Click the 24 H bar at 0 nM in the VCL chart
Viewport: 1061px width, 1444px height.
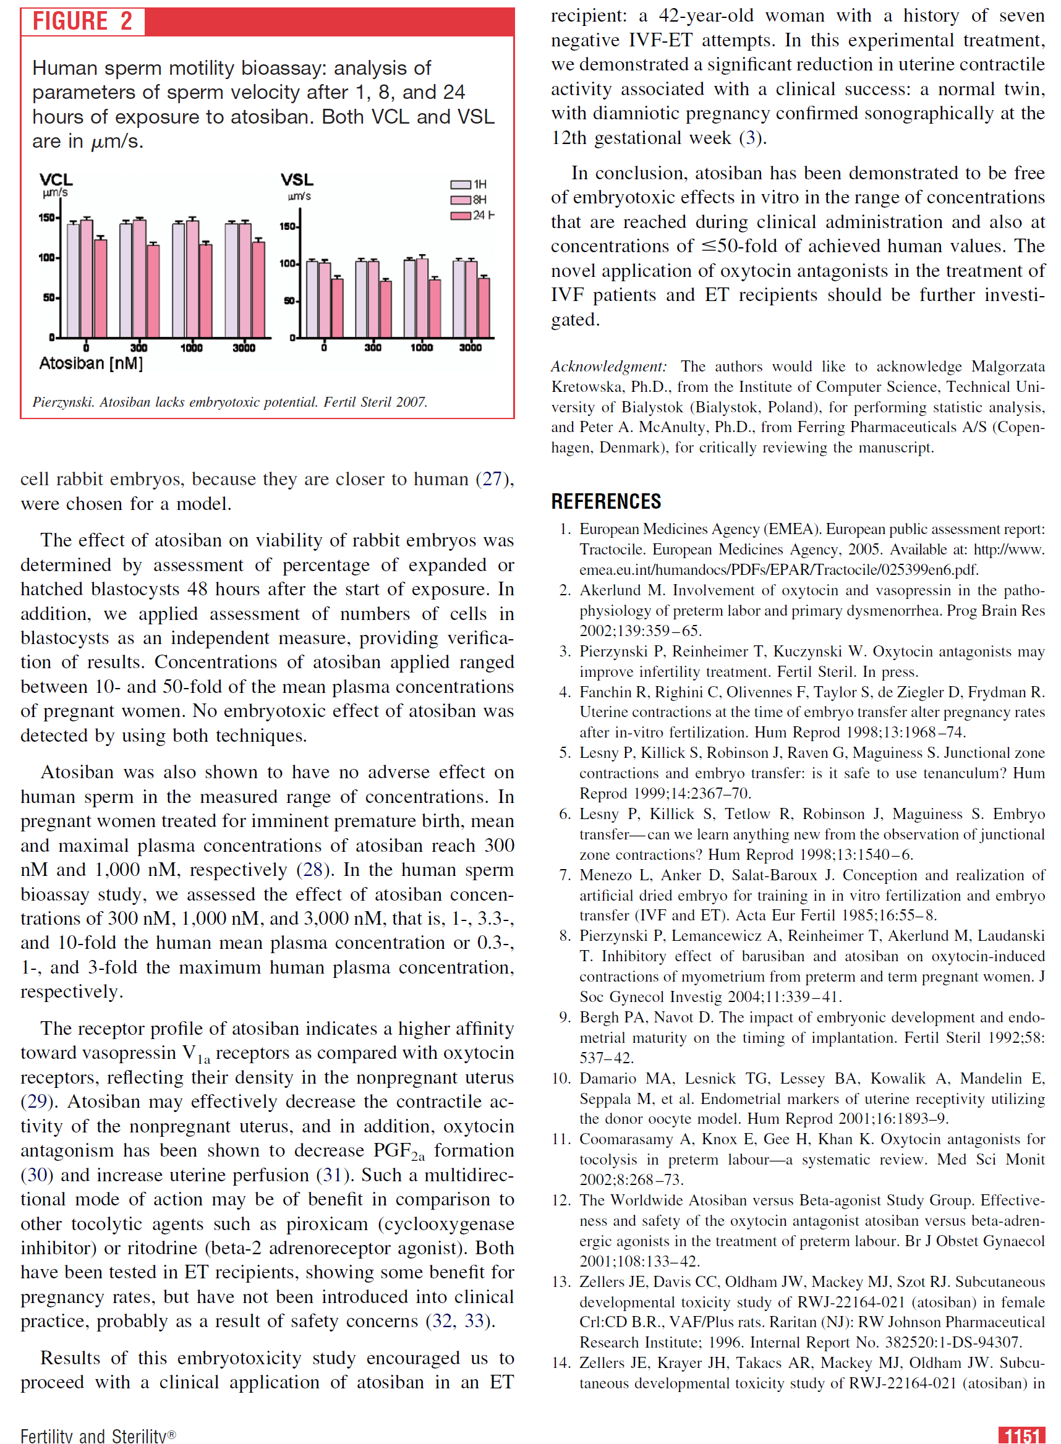click(100, 287)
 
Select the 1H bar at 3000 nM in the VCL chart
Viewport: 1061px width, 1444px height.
click(231, 280)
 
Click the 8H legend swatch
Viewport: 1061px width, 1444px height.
click(461, 200)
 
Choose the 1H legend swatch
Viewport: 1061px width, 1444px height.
click(461, 184)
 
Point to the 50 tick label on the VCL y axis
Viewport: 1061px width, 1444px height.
click(48, 298)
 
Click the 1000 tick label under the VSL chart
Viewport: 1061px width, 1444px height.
click(421, 347)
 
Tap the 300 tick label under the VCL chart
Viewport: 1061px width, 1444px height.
click(138, 347)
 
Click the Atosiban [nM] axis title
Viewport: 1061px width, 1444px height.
click(92, 363)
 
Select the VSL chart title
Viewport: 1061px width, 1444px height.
click(297, 180)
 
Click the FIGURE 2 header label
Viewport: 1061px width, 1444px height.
click(82, 21)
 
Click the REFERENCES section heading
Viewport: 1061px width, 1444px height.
click(607, 501)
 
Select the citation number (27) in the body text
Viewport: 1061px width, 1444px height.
click(492, 479)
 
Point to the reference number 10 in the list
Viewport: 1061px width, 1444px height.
click(561, 1079)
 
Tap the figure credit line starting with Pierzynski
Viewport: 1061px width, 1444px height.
click(230, 402)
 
